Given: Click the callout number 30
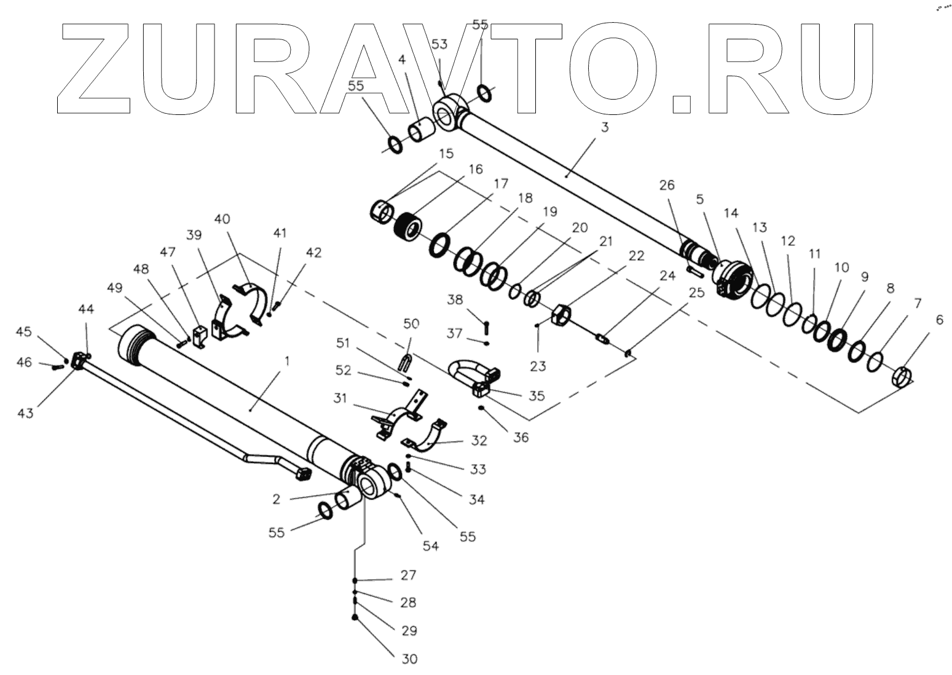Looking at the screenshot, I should click(409, 658).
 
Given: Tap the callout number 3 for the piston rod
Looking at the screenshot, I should click(605, 128).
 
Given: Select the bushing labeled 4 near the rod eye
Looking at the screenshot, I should click(422, 131).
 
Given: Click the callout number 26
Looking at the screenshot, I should click(667, 185).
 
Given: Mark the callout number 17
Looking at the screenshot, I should click(501, 183).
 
